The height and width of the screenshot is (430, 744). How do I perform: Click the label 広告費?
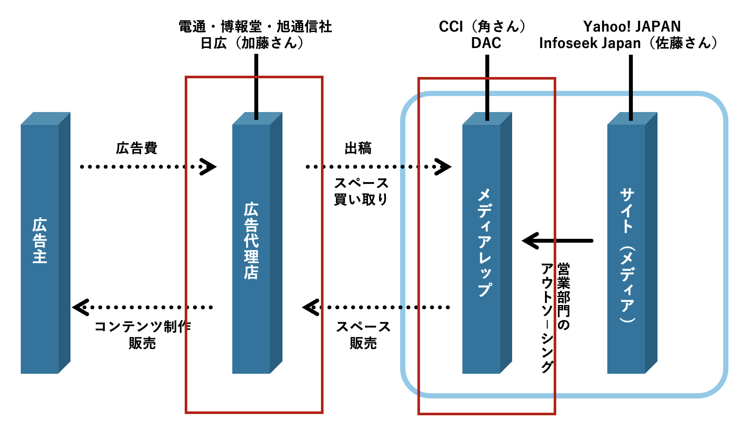pos(137,148)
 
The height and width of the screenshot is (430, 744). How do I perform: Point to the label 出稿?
pos(358,148)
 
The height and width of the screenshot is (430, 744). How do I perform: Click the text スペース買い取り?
pos(361,191)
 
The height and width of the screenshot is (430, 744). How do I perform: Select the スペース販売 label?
pos(363,334)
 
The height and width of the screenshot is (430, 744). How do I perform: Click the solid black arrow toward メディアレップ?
pos(558,241)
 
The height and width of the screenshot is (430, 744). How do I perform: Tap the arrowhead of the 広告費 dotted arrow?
pos(208,167)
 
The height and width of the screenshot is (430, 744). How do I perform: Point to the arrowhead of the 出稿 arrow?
pos(443,167)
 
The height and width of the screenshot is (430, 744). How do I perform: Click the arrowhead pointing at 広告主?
pos(80,307)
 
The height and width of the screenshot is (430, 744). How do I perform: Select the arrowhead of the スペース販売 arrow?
pos(310,307)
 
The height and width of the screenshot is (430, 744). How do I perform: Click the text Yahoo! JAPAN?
pos(632,26)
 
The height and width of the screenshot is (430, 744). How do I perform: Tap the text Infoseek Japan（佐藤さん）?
pos(628,43)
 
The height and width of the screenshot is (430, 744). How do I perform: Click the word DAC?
pos(486,43)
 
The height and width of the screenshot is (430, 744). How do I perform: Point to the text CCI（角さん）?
pos(483,26)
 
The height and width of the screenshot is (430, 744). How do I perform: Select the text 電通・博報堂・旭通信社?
pos(255,26)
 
